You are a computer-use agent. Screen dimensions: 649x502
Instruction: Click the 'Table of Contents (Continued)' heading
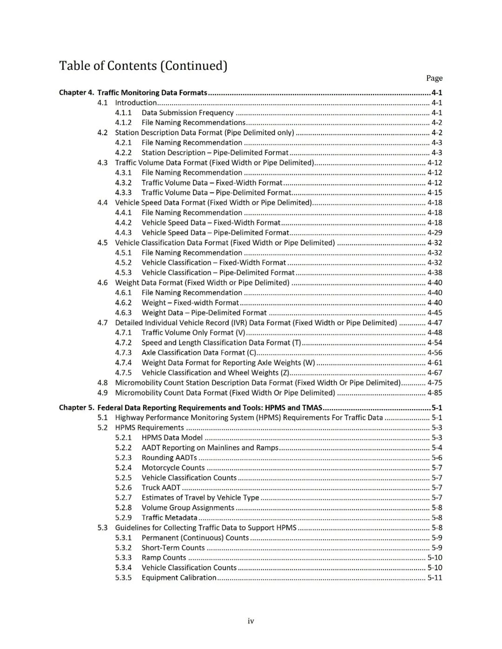click(143, 66)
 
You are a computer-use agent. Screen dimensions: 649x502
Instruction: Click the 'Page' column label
click(434, 78)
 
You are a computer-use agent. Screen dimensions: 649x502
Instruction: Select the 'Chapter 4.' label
click(76, 92)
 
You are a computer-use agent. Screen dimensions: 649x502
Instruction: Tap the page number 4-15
click(435, 192)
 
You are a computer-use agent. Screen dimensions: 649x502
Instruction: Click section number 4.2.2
click(123, 152)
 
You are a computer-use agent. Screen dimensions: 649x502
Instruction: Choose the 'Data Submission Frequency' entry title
click(187, 112)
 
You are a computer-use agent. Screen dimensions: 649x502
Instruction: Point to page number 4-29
click(435, 232)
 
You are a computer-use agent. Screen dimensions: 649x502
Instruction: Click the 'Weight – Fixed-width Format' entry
click(190, 302)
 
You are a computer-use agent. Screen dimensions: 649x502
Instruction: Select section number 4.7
click(102, 322)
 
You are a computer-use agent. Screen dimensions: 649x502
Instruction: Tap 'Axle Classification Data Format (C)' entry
click(199, 353)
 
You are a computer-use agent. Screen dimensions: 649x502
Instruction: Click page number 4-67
click(435, 373)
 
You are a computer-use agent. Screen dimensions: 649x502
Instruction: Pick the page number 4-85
click(435, 393)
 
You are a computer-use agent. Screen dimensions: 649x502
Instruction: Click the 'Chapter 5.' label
click(76, 407)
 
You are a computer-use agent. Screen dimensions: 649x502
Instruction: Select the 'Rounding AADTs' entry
click(169, 458)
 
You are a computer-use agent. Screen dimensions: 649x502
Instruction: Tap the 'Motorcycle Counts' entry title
click(173, 468)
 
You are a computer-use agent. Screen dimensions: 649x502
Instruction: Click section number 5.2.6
click(123, 487)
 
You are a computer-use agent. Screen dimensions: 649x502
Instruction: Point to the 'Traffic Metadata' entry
click(169, 518)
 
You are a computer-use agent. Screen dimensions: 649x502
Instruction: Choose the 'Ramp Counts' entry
click(164, 557)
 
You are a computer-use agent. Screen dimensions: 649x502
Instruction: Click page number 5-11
click(435, 577)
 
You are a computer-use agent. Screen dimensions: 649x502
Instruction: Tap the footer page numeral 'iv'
click(251, 621)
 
